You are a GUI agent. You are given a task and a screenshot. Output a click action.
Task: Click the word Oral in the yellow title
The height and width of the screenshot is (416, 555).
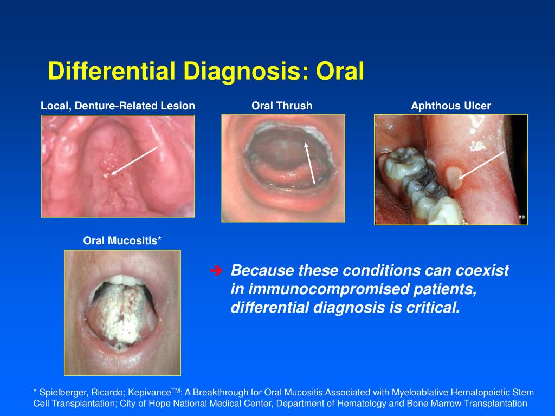coord(340,71)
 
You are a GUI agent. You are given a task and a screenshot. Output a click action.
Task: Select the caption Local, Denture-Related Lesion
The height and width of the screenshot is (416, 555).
coord(118,106)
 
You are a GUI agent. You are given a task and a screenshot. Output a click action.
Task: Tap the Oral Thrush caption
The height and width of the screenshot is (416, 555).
coord(282,106)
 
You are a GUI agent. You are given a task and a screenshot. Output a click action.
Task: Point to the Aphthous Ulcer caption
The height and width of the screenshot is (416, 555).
coord(451,106)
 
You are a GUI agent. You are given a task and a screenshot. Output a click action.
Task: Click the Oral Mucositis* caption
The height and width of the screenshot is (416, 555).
coord(122,240)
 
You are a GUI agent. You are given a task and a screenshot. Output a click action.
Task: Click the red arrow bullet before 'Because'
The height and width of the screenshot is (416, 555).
coord(216,271)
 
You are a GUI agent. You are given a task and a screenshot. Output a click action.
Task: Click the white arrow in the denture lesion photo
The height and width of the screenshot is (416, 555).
coord(134,160)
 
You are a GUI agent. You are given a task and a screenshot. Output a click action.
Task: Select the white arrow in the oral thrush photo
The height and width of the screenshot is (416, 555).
coord(309,163)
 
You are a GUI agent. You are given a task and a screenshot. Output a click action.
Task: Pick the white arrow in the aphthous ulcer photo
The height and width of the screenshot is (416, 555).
coord(481,166)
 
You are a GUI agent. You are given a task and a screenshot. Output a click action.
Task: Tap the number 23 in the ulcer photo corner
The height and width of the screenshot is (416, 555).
coord(521,217)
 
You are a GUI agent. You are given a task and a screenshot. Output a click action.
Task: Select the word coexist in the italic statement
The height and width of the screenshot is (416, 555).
coord(482,271)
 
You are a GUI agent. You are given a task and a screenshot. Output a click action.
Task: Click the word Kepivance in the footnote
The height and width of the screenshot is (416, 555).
coord(150,393)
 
